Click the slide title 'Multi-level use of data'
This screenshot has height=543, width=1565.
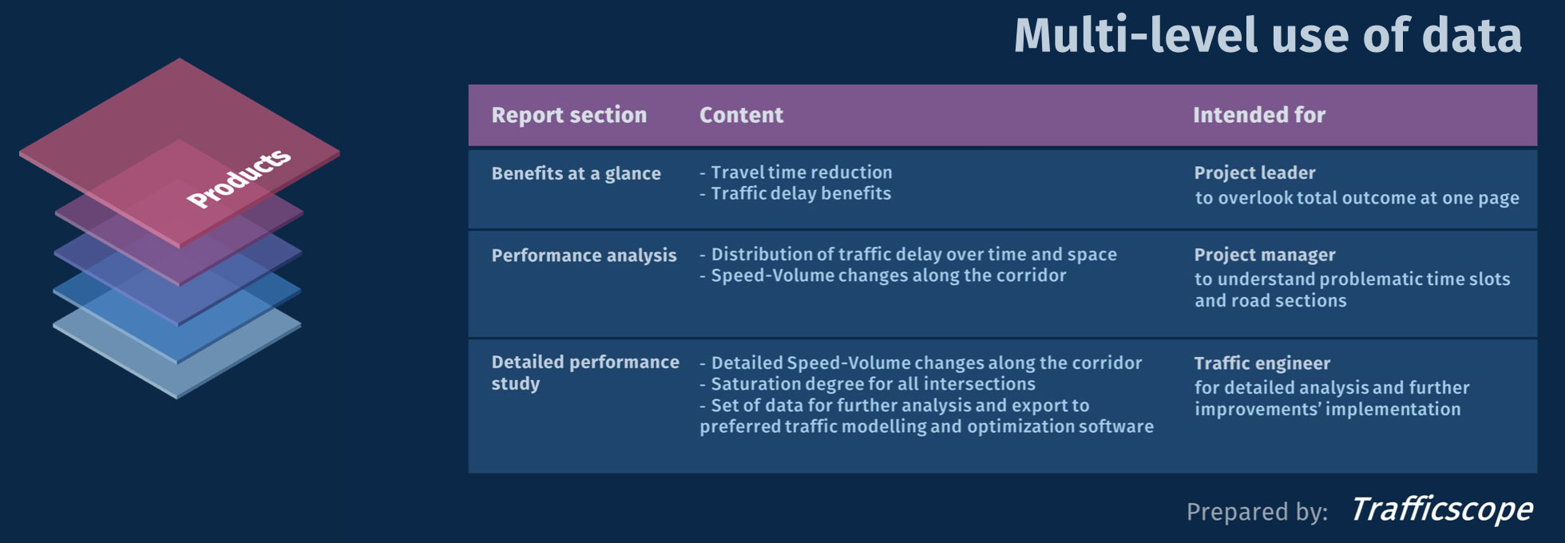(x=1267, y=36)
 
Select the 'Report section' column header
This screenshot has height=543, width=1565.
(x=569, y=115)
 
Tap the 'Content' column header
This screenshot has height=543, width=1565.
(x=741, y=115)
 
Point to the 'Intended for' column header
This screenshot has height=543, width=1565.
(x=1258, y=115)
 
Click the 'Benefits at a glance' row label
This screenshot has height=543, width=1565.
(x=576, y=173)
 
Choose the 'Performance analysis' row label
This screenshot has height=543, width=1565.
(x=584, y=256)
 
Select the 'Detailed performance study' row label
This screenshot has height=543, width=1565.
(x=584, y=372)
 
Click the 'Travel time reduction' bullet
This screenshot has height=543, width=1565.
(x=801, y=172)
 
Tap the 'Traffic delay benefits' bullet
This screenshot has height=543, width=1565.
(x=800, y=193)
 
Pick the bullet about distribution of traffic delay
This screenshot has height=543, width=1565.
(x=913, y=254)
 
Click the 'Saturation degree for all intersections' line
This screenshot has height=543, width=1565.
(x=873, y=384)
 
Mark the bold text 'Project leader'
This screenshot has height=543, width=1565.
(x=1254, y=172)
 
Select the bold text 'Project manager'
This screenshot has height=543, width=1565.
(x=1264, y=255)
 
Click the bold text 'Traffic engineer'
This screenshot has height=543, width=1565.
(x=1262, y=363)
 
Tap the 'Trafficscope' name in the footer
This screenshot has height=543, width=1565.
(x=1441, y=509)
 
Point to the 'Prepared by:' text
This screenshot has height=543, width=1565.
(x=1257, y=512)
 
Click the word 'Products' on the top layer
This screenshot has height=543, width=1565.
(x=239, y=178)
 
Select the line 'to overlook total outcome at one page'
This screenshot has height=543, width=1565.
(x=1357, y=198)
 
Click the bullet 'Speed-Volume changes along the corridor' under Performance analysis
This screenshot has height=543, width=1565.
(x=888, y=275)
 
